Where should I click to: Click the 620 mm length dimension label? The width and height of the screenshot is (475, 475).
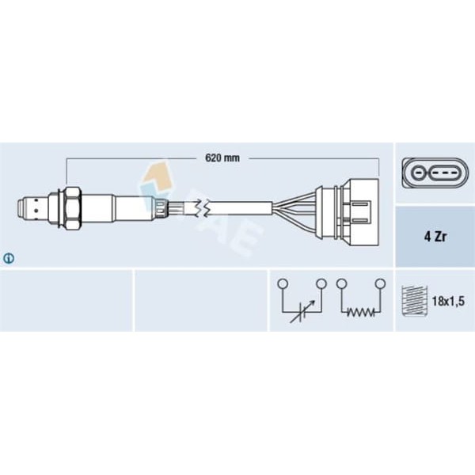tap(222, 158)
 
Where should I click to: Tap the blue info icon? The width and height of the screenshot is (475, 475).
tap(9, 258)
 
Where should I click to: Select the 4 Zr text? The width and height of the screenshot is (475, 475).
tap(435, 237)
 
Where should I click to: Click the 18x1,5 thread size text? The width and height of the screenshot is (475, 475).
tap(448, 301)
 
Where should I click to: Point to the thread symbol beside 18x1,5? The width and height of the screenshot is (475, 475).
tap(414, 301)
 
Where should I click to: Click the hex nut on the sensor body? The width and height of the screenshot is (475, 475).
tap(74, 208)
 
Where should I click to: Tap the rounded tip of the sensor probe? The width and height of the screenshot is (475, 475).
tap(21, 208)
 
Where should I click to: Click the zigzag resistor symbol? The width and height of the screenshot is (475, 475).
tap(361, 312)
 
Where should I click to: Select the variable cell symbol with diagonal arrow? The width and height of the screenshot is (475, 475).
tap(302, 311)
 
